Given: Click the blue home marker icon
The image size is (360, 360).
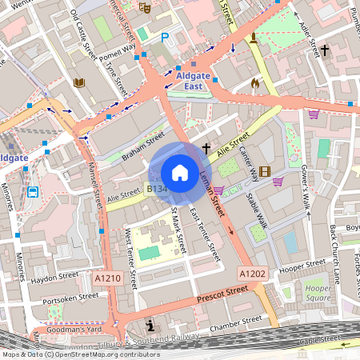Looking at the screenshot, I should click(x=180, y=173).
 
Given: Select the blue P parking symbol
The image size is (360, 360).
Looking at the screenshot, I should click(x=166, y=37).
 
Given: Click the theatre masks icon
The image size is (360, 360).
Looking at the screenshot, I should click(x=145, y=7).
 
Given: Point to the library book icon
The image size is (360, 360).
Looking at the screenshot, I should click(x=78, y=82).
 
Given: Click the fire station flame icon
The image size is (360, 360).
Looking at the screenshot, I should click(x=255, y=82).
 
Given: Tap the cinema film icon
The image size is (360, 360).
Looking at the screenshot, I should click(x=265, y=170).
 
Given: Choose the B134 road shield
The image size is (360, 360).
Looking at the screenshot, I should click(x=156, y=190).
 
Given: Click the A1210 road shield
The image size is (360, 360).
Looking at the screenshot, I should click(x=107, y=278).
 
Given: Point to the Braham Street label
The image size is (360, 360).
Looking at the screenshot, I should click(x=143, y=143).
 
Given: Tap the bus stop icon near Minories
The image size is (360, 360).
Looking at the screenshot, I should click(x=33, y=192).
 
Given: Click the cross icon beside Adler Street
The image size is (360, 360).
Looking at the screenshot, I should click(x=324, y=50).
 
